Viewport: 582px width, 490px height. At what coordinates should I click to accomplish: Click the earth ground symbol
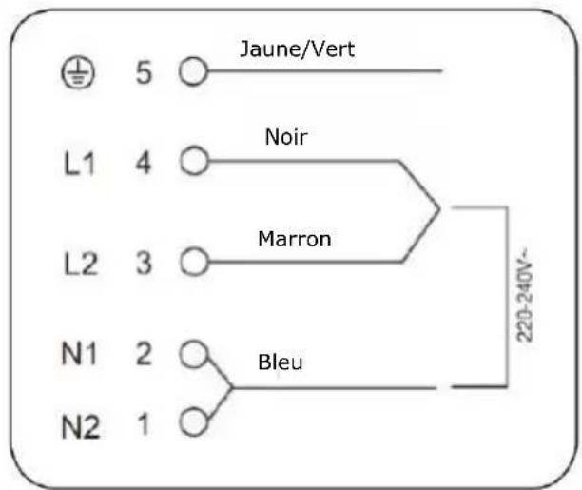[x=78, y=73]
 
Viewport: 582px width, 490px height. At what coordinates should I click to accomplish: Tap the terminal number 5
[x=144, y=72]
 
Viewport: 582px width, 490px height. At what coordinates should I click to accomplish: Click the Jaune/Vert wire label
[x=298, y=49]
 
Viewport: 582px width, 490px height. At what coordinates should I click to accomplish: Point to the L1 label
[x=79, y=163]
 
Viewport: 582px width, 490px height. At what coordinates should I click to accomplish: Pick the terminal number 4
[x=144, y=163]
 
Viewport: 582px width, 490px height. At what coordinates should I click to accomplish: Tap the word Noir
[x=286, y=137]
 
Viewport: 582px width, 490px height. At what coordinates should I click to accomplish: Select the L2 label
[x=81, y=264]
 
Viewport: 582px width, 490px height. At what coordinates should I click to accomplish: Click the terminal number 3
[x=144, y=263]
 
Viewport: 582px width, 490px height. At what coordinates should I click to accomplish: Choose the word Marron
[x=295, y=239]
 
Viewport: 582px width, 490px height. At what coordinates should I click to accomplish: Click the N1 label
[x=79, y=353]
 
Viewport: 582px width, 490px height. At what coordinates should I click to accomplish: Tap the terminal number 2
[x=144, y=353]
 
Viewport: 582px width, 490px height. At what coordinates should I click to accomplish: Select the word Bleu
[x=281, y=362]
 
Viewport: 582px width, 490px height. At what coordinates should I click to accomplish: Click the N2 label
[x=81, y=427]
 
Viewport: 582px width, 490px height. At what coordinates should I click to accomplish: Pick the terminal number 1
[x=144, y=424]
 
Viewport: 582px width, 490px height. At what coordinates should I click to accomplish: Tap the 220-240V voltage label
[x=525, y=295]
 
